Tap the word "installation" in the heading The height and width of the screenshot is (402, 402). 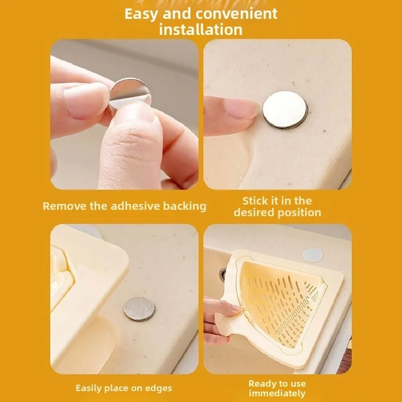point(201,30)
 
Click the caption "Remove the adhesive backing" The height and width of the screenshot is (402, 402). point(124,206)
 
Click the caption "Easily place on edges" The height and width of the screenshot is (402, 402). point(124,388)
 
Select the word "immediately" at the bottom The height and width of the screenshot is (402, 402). point(277,393)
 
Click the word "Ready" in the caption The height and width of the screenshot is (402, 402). point(261,384)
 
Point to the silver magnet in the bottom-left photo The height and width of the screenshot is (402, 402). point(139,309)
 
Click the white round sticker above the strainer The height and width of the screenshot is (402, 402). point(313,254)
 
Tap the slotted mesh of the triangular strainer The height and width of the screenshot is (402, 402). point(283,301)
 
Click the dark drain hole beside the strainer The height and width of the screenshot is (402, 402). point(223,274)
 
